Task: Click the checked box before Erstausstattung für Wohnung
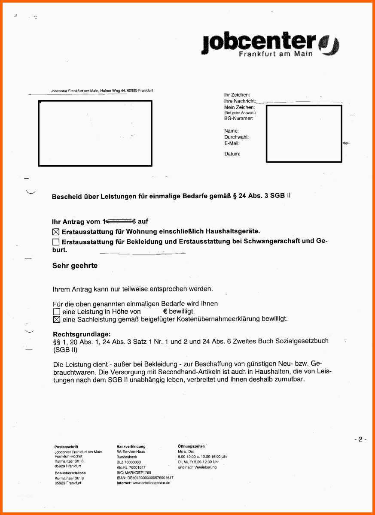56,232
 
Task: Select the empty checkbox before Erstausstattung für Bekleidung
56,242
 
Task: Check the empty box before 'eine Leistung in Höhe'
56,312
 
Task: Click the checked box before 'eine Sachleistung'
56,319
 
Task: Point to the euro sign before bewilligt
165,311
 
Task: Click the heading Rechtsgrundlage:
82,334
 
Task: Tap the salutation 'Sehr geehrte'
75,266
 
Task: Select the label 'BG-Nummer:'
238,118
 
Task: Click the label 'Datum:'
232,154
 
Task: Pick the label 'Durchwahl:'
236,137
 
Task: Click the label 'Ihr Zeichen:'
237,94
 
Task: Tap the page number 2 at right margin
360,439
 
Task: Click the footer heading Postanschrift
66,447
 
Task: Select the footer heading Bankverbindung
131,447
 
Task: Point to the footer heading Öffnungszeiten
191,447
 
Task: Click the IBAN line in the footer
145,478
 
